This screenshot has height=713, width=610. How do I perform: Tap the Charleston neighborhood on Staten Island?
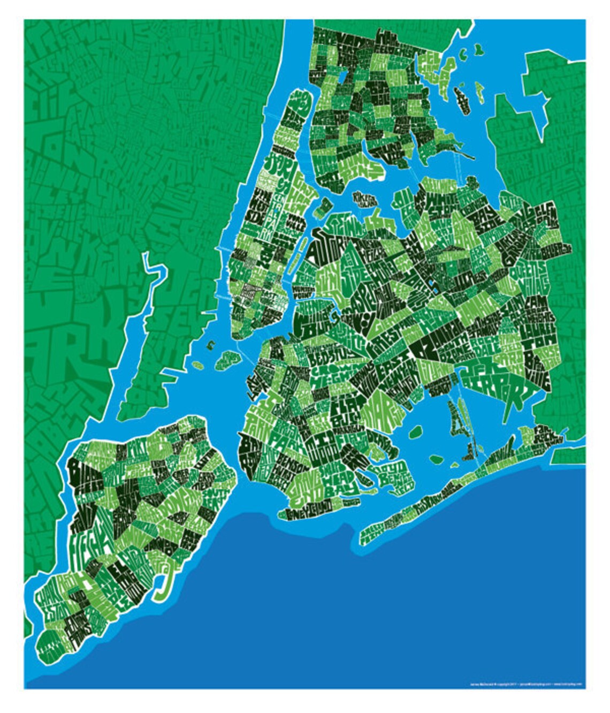pyautogui.click(x=51, y=605)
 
